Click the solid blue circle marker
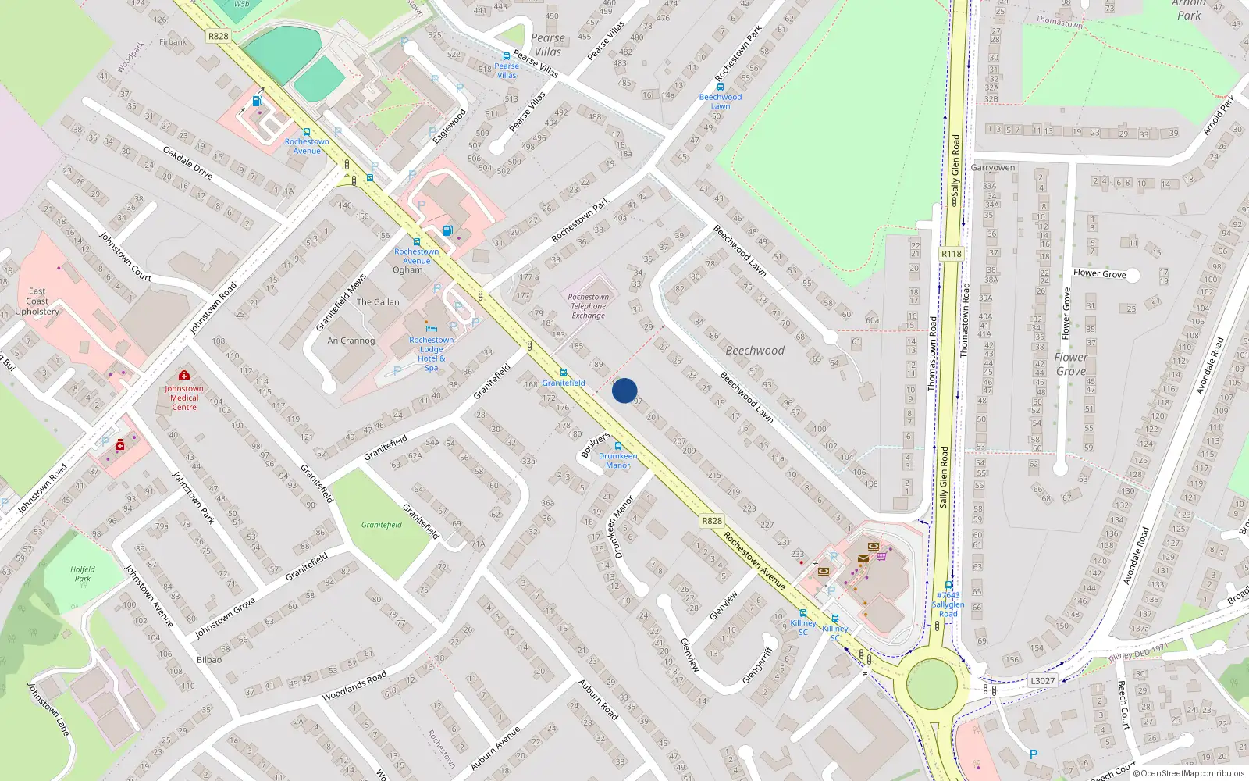tap(624, 390)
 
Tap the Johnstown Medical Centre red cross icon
tap(184, 376)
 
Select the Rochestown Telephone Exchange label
tap(588, 306)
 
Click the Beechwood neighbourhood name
tap(755, 351)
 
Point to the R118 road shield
tap(952, 254)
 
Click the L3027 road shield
tap(1042, 680)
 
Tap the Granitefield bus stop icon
tap(564, 373)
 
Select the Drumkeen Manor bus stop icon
tap(618, 446)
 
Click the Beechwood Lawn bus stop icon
tap(721, 87)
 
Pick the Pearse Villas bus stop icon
tap(507, 56)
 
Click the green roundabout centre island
tap(931, 683)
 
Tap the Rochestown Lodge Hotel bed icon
tap(431, 330)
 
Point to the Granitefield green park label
tap(382, 525)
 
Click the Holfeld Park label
tap(83, 574)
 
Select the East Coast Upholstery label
tap(37, 301)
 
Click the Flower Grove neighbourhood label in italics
tap(1071, 364)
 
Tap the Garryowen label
tap(993, 168)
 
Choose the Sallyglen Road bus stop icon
tap(948, 585)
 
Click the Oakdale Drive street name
tap(187, 162)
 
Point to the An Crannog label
tap(351, 341)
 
